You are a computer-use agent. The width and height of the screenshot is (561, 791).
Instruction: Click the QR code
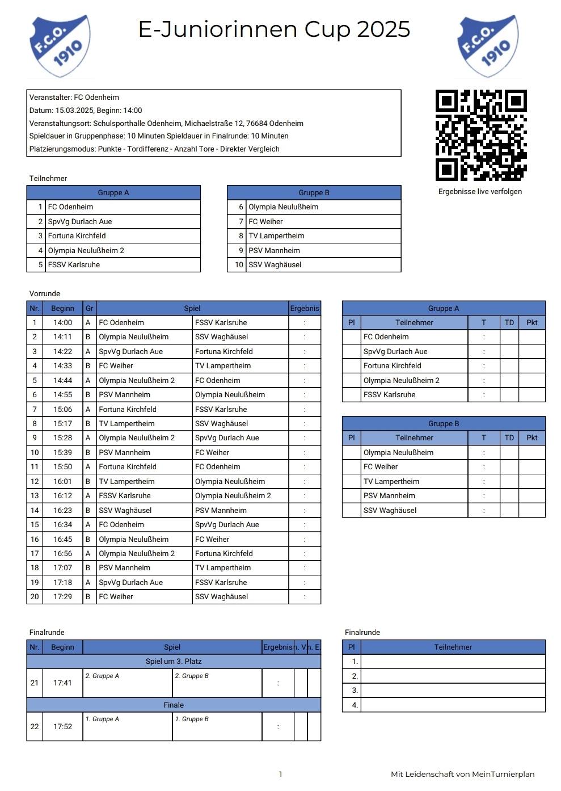(x=481, y=135)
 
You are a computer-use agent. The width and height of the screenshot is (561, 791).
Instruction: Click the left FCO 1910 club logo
(x=60, y=47)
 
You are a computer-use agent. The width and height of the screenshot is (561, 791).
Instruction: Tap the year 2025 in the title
(x=383, y=30)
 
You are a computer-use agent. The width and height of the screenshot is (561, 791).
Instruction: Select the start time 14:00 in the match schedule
(x=62, y=322)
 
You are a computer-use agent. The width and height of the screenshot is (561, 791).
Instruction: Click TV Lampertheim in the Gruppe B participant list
(x=276, y=235)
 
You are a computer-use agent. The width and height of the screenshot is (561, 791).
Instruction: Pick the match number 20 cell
(x=35, y=596)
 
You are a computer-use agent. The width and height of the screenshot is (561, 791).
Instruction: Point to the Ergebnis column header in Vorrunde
(x=305, y=308)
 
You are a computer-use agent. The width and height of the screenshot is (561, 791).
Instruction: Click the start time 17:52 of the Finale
(x=62, y=726)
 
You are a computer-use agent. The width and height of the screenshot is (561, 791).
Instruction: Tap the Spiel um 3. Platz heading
(x=174, y=661)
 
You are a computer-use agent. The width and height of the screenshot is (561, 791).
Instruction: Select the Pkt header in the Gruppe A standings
(x=532, y=322)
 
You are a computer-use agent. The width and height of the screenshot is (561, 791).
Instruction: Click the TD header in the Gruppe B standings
(x=509, y=437)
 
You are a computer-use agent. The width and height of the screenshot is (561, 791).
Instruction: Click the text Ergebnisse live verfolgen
(x=480, y=191)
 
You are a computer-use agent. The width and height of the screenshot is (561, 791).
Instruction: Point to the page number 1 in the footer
(x=280, y=774)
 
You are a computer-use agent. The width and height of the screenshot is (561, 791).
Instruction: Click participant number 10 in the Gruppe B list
(x=239, y=264)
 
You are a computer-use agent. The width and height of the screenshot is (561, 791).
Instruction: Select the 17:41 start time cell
(x=62, y=683)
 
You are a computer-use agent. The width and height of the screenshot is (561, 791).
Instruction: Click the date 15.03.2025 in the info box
(x=74, y=110)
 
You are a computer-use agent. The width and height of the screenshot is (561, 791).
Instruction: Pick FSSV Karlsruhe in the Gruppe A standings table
(x=389, y=394)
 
